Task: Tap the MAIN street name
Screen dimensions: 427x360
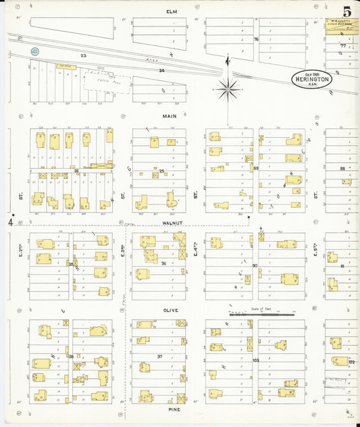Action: [170, 116]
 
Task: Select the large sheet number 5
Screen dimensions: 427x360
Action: [346, 11]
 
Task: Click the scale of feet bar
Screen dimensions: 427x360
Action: [263, 314]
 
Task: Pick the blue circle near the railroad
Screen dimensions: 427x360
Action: [35, 51]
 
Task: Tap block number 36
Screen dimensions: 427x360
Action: [163, 263]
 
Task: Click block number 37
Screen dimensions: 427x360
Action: [159, 356]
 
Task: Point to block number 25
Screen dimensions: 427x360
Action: [161, 171]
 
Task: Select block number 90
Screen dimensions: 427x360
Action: [255, 266]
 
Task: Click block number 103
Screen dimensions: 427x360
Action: [255, 360]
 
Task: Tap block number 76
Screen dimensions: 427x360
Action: [256, 39]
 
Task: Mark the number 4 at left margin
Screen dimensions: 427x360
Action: [11, 221]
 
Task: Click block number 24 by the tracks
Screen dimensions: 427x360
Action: [161, 70]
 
